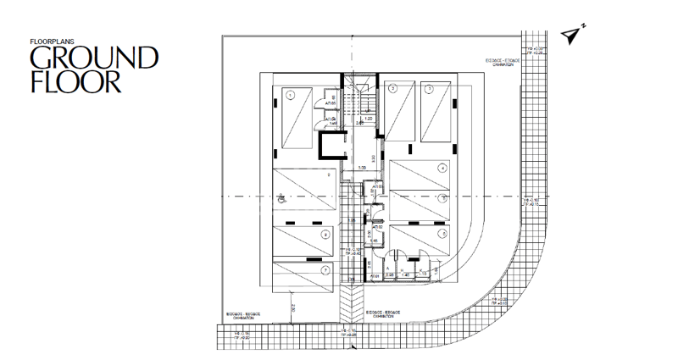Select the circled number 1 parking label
[290, 95]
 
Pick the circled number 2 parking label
[392, 88]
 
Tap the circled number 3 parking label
[430, 88]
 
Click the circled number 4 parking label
[442, 168]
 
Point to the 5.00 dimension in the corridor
[361, 168]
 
